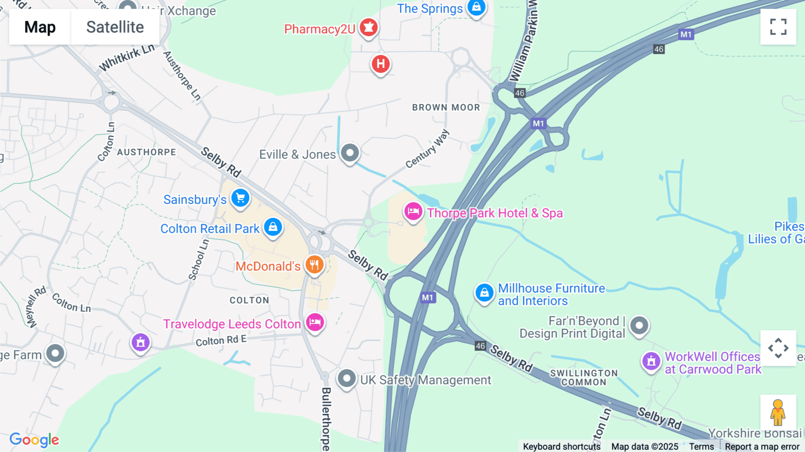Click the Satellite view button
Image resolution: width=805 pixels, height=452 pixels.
(x=115, y=27)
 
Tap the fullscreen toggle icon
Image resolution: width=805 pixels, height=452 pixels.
(x=778, y=27)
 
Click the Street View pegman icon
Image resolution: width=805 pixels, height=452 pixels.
(x=778, y=413)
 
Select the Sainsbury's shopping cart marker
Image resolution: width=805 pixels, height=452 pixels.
(x=240, y=198)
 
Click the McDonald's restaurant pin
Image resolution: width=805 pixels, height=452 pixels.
(x=314, y=264)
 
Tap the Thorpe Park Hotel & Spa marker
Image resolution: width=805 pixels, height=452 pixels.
(x=413, y=211)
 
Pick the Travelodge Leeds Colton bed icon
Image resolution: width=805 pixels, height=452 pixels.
(x=315, y=322)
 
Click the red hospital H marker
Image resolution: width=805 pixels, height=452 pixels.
(x=381, y=64)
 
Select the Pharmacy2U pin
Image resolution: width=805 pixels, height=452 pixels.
(x=369, y=28)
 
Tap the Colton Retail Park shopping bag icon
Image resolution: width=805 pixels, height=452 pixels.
(x=273, y=227)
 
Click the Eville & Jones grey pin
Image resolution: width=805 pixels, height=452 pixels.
(x=350, y=153)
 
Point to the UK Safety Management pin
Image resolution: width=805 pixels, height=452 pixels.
(x=347, y=379)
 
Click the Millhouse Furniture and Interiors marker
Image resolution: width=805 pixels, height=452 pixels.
(x=484, y=293)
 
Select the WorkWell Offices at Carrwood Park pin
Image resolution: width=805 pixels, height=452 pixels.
(x=651, y=361)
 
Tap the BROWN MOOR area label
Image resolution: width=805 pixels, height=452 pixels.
(x=446, y=107)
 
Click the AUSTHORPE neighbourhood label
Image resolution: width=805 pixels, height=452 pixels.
(x=147, y=152)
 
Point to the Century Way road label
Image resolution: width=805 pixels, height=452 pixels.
(x=427, y=149)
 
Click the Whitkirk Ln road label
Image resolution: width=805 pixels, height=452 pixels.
(x=127, y=58)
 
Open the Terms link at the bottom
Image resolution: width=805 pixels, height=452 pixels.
(x=701, y=446)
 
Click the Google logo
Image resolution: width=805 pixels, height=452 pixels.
(x=34, y=440)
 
